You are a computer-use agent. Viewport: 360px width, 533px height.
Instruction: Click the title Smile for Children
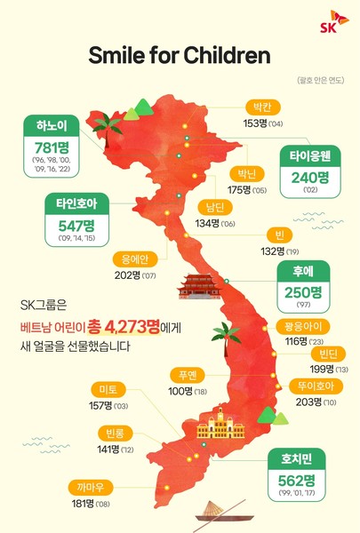[180, 56]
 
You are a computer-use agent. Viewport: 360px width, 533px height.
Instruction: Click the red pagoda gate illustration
[197, 285]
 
